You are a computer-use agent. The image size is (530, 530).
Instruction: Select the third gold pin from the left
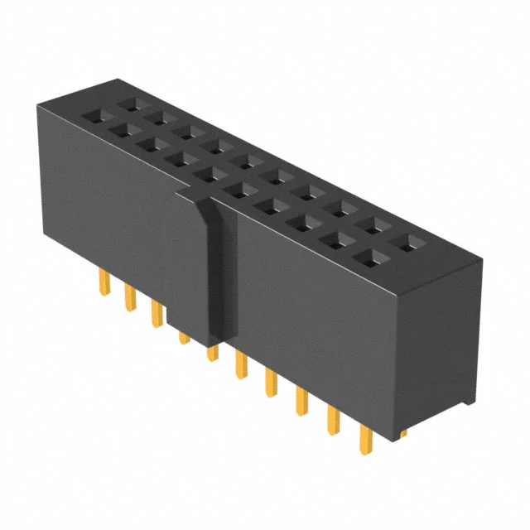click(x=155, y=312)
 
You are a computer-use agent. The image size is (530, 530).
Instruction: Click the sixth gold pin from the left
click(x=241, y=364)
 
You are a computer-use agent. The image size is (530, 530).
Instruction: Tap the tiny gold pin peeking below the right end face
click(x=402, y=432)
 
